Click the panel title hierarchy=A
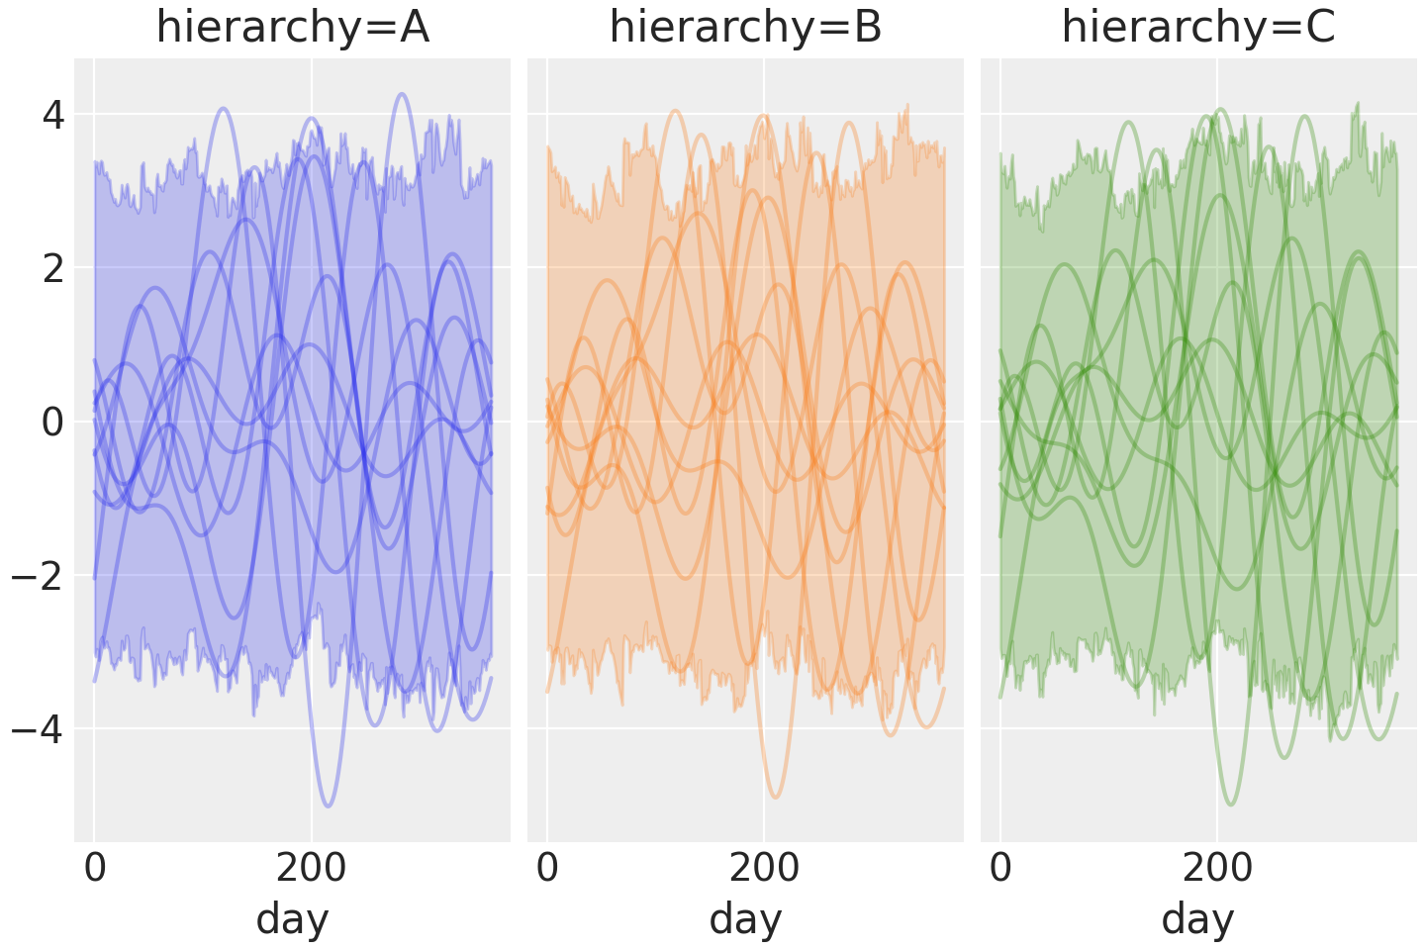(x=292, y=28)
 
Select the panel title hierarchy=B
(x=745, y=28)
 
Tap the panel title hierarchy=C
(x=1198, y=28)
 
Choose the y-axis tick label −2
(x=39, y=576)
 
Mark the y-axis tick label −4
(x=39, y=730)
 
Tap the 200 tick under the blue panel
(x=311, y=869)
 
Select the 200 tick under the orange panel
(x=764, y=869)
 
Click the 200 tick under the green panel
(x=1217, y=869)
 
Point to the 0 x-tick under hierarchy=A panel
(x=95, y=869)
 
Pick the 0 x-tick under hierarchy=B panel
(x=547, y=869)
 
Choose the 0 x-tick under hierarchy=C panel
(x=1000, y=869)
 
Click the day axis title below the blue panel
(x=292, y=919)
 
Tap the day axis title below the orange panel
(x=745, y=919)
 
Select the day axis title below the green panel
(x=1198, y=919)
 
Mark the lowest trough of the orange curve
(x=776, y=798)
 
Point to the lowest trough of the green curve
(x=1231, y=805)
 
